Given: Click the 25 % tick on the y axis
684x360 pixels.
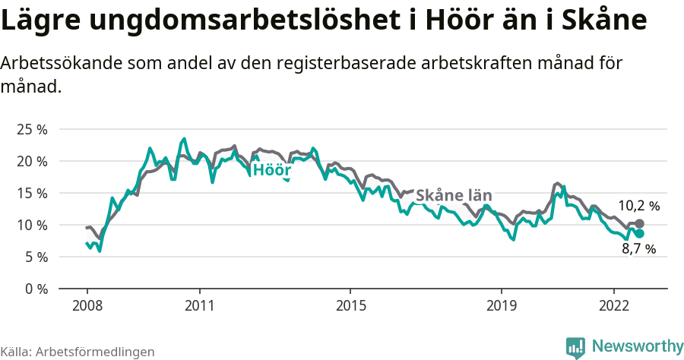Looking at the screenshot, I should coord(33,129).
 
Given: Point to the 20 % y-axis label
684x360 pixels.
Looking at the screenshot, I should coord(33,161).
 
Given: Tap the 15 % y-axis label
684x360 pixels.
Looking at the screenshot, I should coord(33,193).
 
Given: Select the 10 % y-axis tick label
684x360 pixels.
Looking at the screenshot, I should coord(33,225).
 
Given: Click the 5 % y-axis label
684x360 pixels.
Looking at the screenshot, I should coord(36,257).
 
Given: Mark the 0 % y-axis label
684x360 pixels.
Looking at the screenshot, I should coord(36,289).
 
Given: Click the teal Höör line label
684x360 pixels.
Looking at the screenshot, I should coord(272,169).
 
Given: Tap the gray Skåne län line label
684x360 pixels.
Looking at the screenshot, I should coord(454,195).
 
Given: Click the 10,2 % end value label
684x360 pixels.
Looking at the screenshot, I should coord(638,205).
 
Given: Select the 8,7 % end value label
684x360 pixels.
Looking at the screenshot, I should coord(638,248).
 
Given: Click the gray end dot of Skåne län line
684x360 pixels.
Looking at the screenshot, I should coord(639,223).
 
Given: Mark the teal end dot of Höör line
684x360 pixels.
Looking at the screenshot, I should coord(639,233).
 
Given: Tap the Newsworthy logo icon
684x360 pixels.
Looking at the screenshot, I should coord(575,347).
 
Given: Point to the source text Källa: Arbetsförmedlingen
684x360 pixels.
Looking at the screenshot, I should coord(78,352).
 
